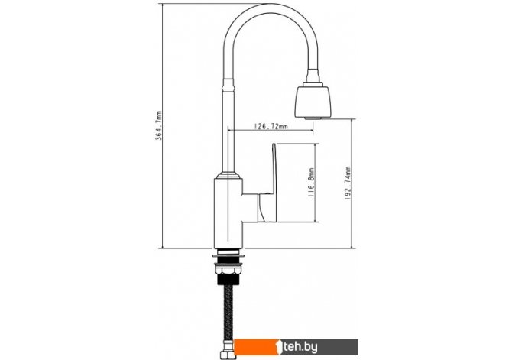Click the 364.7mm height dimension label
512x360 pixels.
pos(159,125)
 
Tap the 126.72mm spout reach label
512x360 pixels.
pos(271,126)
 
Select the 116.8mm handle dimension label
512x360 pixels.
pos(311,182)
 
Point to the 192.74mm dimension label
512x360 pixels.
pos(348,183)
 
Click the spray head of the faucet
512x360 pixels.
pos(313,100)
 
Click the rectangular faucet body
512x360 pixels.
pos(228,213)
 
